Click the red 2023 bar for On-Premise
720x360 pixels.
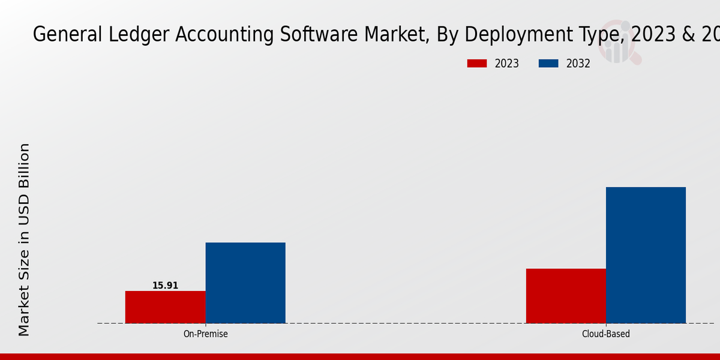[165, 307]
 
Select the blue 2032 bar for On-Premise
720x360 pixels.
[245, 283]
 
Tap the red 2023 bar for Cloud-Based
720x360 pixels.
[566, 296]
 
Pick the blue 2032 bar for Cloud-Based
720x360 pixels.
[646, 255]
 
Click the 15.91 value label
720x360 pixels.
[165, 286]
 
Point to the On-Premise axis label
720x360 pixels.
[205, 334]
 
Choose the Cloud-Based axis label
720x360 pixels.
[606, 334]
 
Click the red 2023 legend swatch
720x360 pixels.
[477, 64]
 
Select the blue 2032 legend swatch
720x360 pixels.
[548, 64]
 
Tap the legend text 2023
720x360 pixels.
[507, 64]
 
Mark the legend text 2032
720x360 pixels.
[578, 64]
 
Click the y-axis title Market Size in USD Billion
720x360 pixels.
[24, 240]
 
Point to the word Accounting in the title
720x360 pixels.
[225, 35]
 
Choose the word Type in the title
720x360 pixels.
[592, 35]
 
